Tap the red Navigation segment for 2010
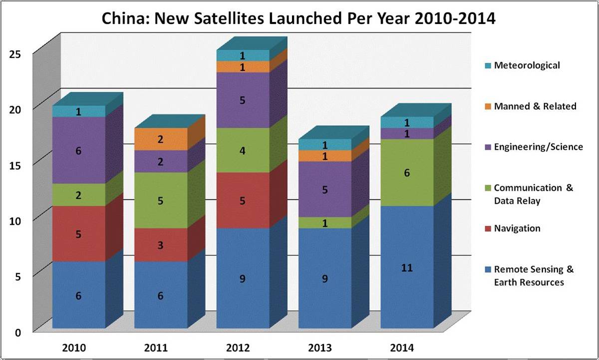point(78,234)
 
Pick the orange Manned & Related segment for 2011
point(161,139)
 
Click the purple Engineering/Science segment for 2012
point(243,100)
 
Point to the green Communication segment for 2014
point(407,172)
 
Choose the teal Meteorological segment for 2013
point(324,145)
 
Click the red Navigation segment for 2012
point(243,201)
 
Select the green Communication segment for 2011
point(161,201)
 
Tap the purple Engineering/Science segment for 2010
point(78,150)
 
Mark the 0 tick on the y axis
point(17,332)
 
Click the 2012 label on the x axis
point(242,348)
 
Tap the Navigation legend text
point(517,228)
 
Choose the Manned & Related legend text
point(535,106)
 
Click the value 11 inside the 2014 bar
point(407,268)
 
